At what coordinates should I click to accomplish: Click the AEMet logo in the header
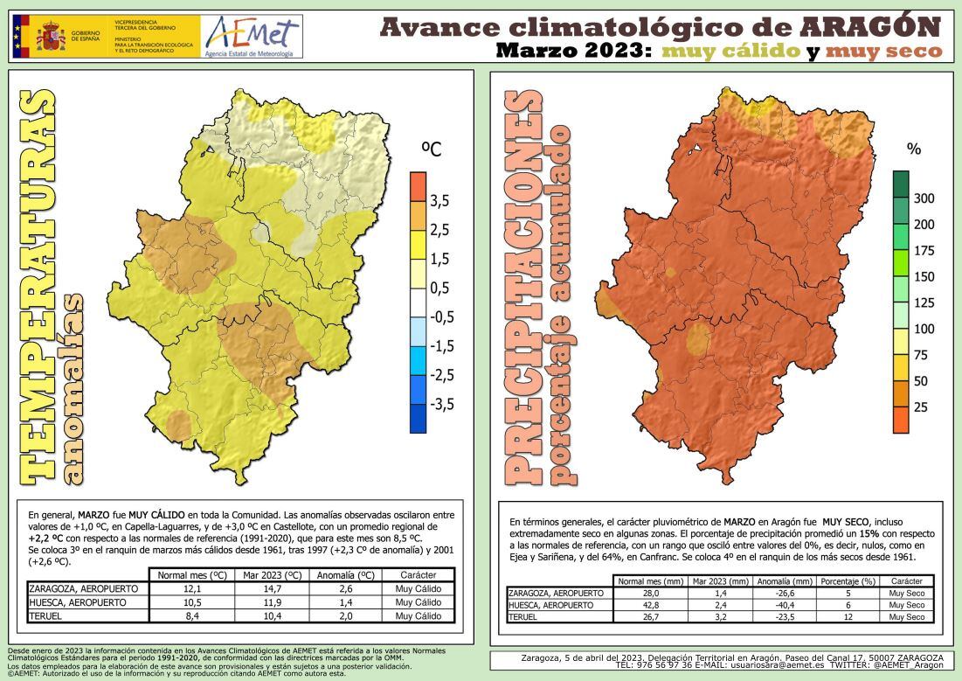[x=251, y=37]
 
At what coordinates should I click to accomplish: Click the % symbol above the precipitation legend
[x=914, y=149]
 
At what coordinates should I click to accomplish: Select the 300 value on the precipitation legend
[x=924, y=198]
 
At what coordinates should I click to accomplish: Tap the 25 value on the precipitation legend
[x=920, y=407]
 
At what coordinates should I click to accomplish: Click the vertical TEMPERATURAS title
[x=36, y=288]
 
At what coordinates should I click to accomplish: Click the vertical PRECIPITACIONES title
[x=522, y=288]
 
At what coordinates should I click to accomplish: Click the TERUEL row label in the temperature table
[x=47, y=615]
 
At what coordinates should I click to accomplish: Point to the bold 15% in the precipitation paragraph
[x=869, y=532]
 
